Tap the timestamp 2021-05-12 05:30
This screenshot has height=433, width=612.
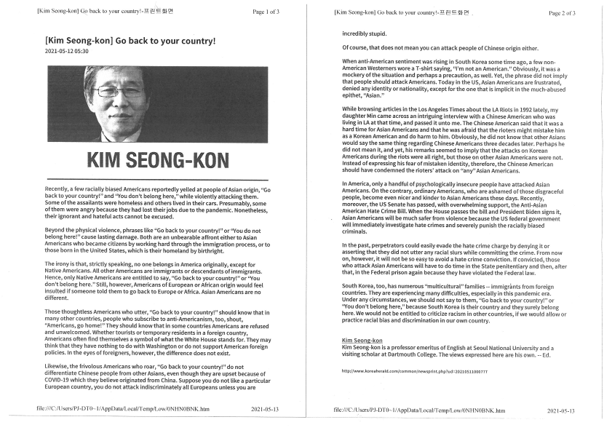click(x=67, y=52)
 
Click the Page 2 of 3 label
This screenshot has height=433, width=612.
click(x=561, y=12)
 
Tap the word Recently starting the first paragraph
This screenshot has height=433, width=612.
click(x=59, y=189)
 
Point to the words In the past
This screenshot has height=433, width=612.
click(x=359, y=245)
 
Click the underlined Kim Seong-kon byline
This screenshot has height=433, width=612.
click(x=361, y=341)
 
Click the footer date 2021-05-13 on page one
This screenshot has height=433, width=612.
click(x=264, y=410)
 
